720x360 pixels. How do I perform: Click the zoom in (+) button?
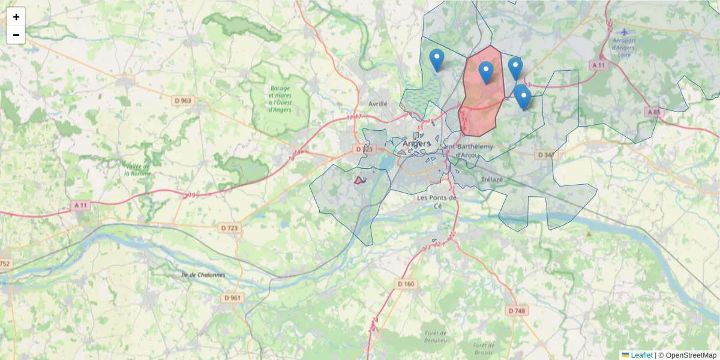16,17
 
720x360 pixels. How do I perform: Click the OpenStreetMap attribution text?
687,355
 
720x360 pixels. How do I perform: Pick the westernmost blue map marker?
437,60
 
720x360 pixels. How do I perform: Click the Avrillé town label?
378,103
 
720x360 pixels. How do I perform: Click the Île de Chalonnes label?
203,275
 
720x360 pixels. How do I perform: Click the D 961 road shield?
232,298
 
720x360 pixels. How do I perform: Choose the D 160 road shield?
406,284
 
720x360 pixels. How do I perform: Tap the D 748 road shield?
516,311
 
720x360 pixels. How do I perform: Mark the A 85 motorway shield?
653,112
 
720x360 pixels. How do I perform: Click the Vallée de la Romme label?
138,169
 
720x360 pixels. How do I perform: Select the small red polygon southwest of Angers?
360,180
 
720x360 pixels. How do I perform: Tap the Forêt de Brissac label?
483,348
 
